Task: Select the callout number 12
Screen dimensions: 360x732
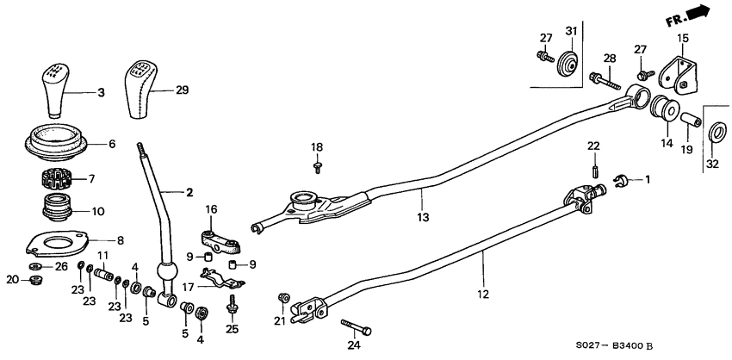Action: pyautogui.click(x=482, y=295)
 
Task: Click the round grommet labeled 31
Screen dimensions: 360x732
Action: pyautogui.click(x=565, y=65)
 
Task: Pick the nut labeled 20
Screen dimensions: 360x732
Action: pyautogui.click(x=35, y=281)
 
